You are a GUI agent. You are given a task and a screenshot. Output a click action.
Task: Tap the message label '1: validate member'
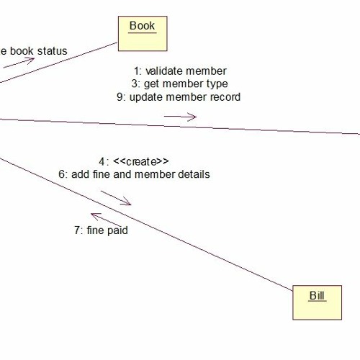pos(180,71)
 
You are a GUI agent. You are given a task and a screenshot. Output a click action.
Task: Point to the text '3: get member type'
pos(180,84)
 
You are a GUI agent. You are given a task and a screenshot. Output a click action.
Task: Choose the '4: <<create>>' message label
pos(134,161)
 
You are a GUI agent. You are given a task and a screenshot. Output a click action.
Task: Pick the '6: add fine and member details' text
pos(134,174)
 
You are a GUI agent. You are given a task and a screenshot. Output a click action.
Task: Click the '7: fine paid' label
pos(101,231)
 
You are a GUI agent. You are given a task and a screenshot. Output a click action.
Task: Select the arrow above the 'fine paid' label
pos(105,217)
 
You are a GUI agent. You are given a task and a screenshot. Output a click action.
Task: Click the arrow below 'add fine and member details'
pos(116,197)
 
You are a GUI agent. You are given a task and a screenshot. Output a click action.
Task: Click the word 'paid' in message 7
pos(116,231)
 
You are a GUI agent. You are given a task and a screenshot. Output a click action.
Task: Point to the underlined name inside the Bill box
pos(317,295)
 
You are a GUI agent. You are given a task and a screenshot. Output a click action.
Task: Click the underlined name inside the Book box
pos(142,26)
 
